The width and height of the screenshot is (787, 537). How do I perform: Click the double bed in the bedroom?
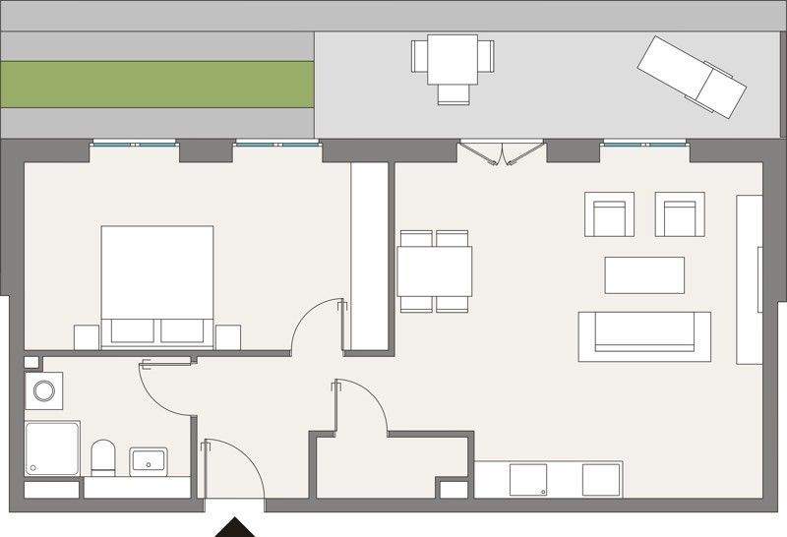click(x=157, y=280)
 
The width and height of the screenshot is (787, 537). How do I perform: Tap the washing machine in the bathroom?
click(x=44, y=390)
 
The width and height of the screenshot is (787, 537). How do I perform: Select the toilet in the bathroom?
click(x=103, y=457)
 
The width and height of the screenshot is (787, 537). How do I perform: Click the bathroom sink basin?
click(x=149, y=460)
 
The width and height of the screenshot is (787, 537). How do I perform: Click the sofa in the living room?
click(x=644, y=335)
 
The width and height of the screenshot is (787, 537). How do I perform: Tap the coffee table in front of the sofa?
click(x=644, y=274)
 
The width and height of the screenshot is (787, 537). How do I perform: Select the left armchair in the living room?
click(x=610, y=214)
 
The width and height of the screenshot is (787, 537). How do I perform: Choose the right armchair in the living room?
click(x=680, y=214)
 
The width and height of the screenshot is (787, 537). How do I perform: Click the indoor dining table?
click(x=434, y=271)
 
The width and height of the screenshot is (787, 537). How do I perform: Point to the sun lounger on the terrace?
click(x=692, y=77)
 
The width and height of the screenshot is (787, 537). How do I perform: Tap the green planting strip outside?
click(x=157, y=84)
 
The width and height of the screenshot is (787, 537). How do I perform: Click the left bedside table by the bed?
click(x=86, y=335)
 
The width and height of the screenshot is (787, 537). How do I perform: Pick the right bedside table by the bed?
click(x=228, y=335)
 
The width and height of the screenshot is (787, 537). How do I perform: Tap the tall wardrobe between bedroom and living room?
click(x=372, y=256)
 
